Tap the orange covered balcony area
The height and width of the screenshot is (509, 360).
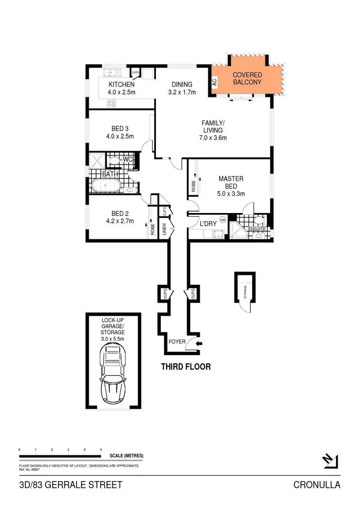click(x=247, y=79)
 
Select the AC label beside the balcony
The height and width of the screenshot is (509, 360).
click(x=215, y=82)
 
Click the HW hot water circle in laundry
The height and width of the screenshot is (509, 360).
click(x=222, y=220)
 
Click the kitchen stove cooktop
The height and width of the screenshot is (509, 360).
click(x=112, y=103)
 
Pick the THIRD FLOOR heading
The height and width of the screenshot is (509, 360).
click(x=185, y=367)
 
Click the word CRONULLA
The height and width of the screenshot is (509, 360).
click(x=317, y=485)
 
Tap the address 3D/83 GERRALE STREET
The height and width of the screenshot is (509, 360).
click(x=71, y=485)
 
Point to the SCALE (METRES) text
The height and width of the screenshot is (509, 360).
click(x=126, y=455)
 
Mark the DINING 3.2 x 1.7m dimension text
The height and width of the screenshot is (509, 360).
click(x=182, y=92)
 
